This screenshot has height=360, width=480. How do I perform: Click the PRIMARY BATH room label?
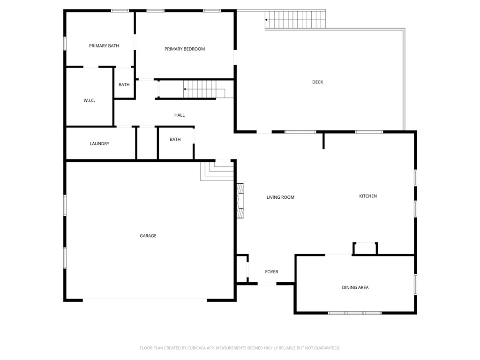click(104, 46)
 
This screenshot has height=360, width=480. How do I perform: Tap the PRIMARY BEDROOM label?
click(185, 49)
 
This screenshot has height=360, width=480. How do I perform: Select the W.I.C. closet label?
click(89, 101)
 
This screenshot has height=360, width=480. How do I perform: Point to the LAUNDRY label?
click(99, 144)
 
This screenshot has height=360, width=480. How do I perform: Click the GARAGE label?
click(148, 236)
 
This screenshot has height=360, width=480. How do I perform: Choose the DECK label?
click(318, 82)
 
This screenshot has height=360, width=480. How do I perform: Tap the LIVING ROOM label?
click(280, 197)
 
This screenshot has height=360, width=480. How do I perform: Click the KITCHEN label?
click(368, 196)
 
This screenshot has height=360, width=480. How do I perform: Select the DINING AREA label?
click(355, 287)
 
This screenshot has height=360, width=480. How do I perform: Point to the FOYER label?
click(271, 272)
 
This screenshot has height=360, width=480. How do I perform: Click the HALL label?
click(180, 115)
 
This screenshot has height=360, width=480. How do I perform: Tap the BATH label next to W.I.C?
click(124, 85)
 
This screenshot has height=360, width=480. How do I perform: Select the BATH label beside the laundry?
click(175, 140)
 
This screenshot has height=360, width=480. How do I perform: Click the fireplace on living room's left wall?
click(240, 201)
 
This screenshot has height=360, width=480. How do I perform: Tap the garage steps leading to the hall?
click(217, 171)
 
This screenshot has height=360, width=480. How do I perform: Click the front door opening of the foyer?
click(267, 283)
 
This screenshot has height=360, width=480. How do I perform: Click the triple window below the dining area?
click(355, 313)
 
